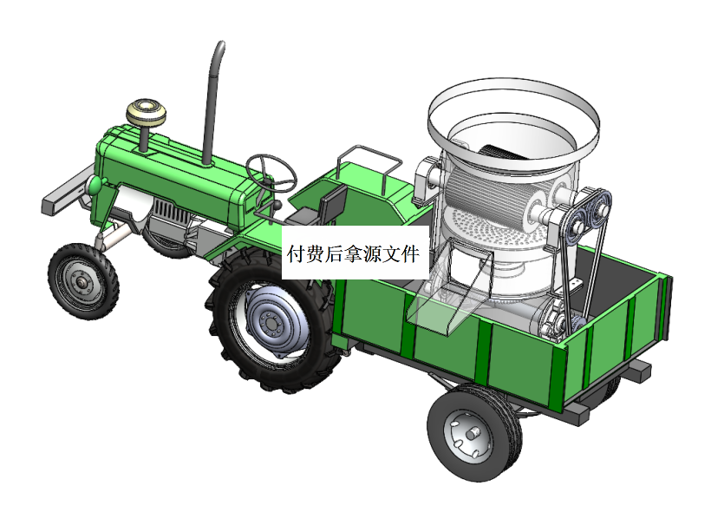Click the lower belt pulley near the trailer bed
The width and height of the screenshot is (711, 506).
click(555, 324)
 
